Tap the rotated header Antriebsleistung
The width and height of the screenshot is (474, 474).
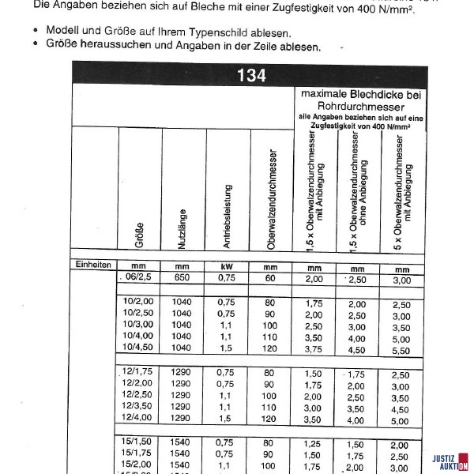(x=228, y=213)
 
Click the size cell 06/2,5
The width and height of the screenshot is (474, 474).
(x=137, y=279)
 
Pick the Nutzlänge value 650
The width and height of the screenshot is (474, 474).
(x=182, y=279)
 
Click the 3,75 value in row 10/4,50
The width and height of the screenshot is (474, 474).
(x=314, y=348)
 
